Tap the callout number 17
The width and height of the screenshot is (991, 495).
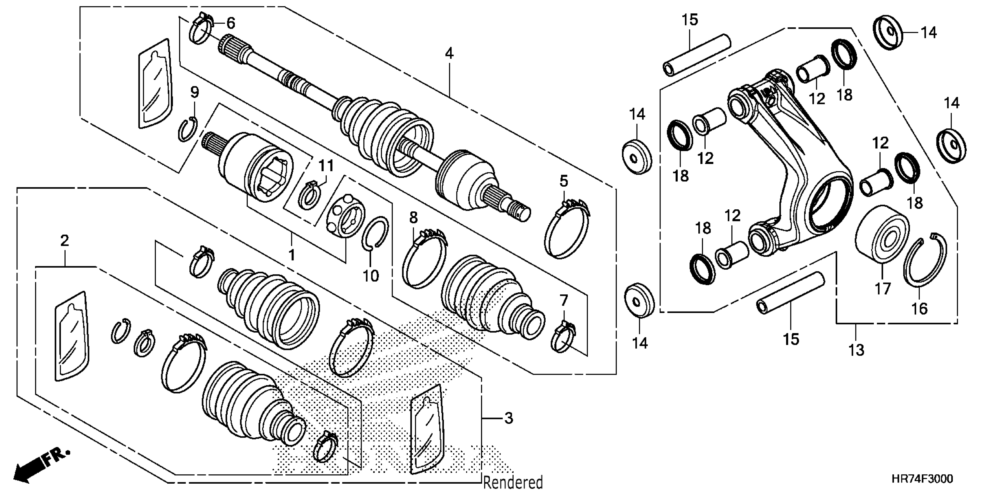pos(883,289)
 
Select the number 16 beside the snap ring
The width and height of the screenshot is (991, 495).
pos(920,309)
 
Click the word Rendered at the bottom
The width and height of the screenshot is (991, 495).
pos(513,482)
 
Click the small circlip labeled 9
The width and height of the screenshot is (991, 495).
pos(188,130)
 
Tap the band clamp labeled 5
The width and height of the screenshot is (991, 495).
pos(566,229)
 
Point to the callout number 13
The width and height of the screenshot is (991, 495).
pos(856,350)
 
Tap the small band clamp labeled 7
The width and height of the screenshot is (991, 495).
pos(563,338)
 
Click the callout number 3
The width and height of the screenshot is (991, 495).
pos(509,418)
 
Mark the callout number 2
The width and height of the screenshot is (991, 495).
pos(65,241)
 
